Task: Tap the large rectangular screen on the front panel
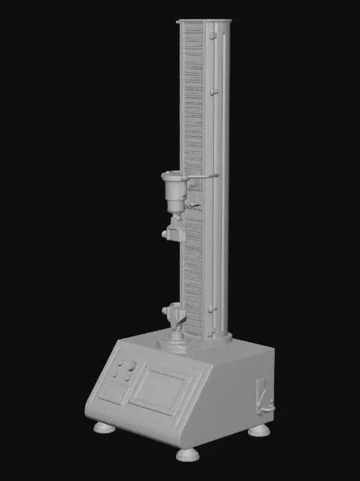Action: (x=160, y=391)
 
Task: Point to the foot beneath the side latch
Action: (x=260, y=430)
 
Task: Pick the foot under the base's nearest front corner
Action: (x=187, y=453)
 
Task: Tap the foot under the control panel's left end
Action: (x=104, y=427)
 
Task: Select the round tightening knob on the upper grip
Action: (x=165, y=234)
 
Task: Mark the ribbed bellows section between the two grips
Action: (x=194, y=268)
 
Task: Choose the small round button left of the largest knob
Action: (x=120, y=362)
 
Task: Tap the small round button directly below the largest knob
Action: (x=127, y=377)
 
